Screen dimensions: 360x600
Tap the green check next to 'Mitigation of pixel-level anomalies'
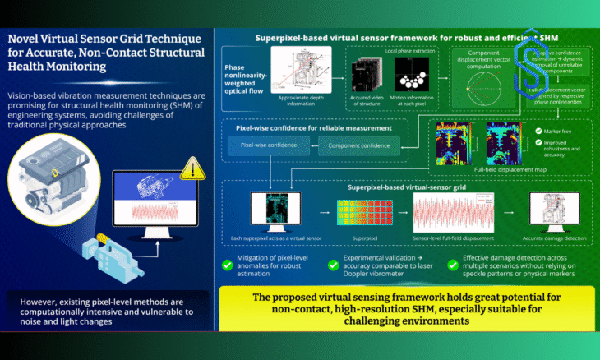224,265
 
